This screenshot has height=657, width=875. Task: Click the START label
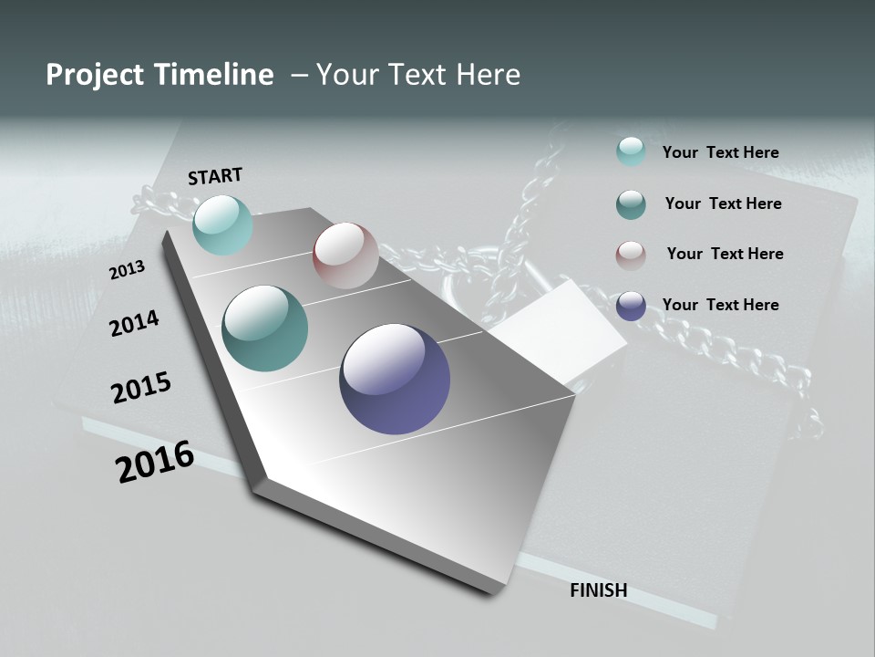tap(215, 176)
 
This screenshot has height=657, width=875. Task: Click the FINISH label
tap(599, 590)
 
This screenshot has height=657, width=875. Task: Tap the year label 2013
tap(128, 270)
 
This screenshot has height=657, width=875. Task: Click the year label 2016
tap(155, 462)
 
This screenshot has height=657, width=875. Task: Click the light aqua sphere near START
tap(222, 224)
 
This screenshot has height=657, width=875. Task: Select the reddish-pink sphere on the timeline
tap(345, 255)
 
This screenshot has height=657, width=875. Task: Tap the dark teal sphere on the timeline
tap(265, 328)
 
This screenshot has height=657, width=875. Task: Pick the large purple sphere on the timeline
tap(395, 379)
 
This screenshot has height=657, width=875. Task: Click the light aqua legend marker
tap(631, 151)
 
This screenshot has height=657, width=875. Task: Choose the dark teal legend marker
tap(631, 204)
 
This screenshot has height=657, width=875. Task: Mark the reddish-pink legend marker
tap(631, 255)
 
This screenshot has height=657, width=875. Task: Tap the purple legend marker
tap(631, 306)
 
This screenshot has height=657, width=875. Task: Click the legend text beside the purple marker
tap(720, 305)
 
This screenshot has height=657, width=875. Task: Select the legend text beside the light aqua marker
tap(720, 152)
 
